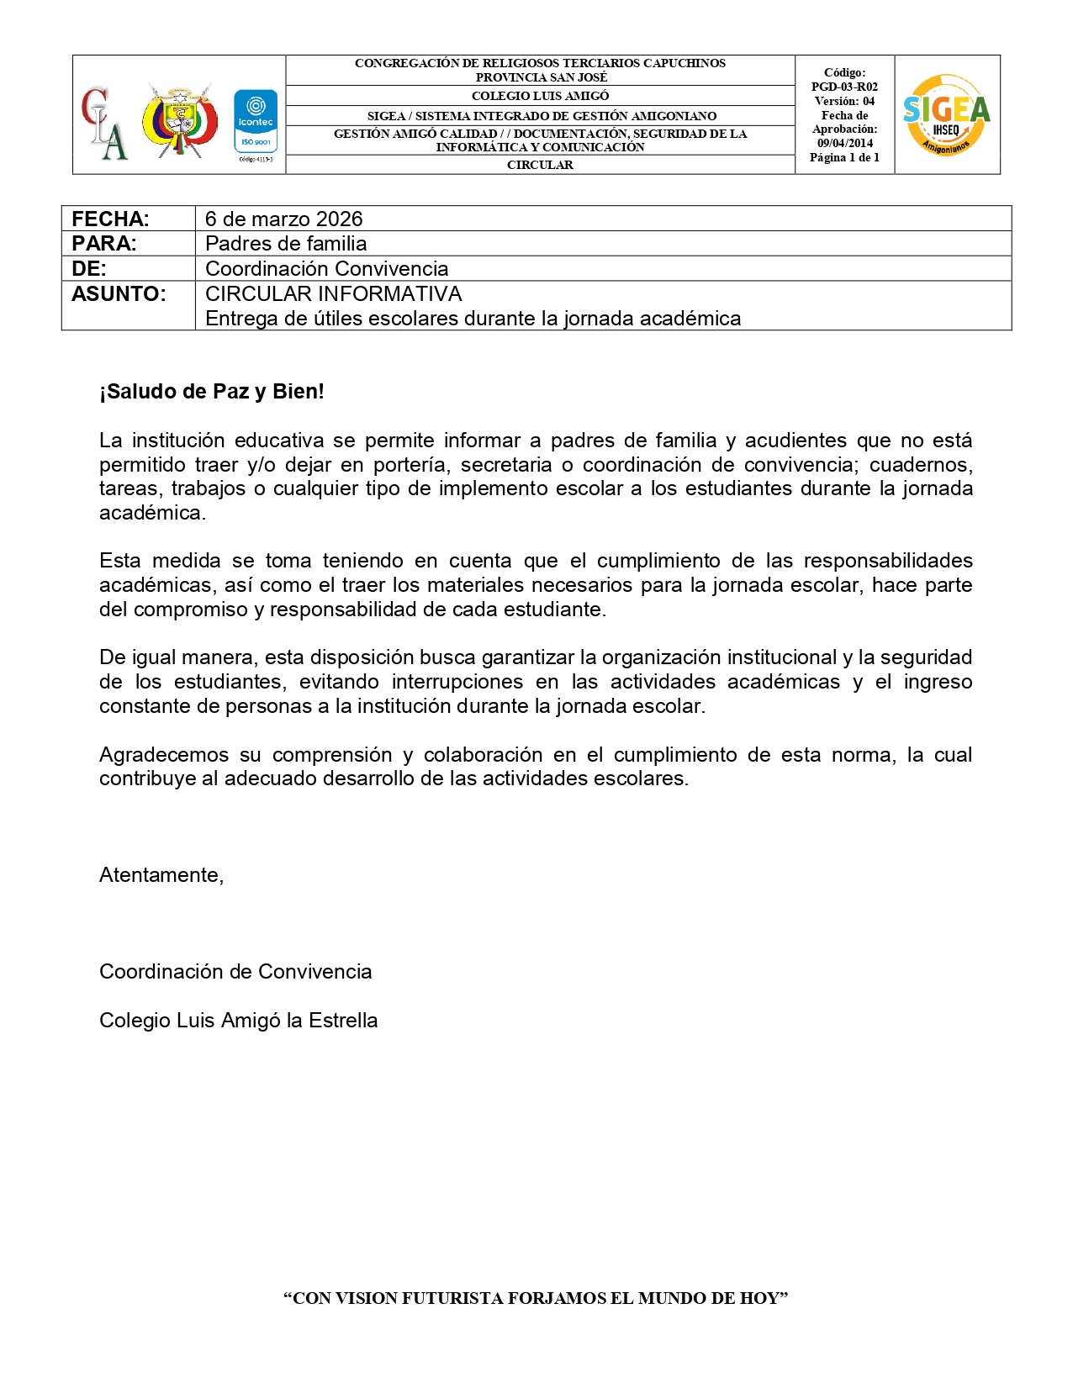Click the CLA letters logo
pyautogui.click(x=104, y=123)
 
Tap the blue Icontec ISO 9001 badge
pyautogui.click(x=256, y=123)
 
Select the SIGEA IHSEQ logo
pyautogui.click(x=947, y=115)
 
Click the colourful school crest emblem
pyautogui.click(x=179, y=119)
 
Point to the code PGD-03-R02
pyautogui.click(x=844, y=87)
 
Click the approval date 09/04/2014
pyautogui.click(x=845, y=143)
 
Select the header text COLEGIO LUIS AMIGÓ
pyautogui.click(x=540, y=96)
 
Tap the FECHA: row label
pyautogui.click(x=110, y=219)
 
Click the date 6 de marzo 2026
pyautogui.click(x=283, y=219)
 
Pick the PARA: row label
pyautogui.click(x=104, y=244)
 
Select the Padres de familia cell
pyautogui.click(x=286, y=244)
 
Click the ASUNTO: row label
pyautogui.click(x=119, y=293)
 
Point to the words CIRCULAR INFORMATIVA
pyautogui.click(x=333, y=293)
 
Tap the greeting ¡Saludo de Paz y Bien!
pyautogui.click(x=212, y=391)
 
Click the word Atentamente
pyautogui.click(x=161, y=875)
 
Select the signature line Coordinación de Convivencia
pyautogui.click(x=235, y=972)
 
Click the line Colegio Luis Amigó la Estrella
pyautogui.click(x=239, y=1021)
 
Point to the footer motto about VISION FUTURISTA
pyautogui.click(x=536, y=1298)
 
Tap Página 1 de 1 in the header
pyautogui.click(x=844, y=157)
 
